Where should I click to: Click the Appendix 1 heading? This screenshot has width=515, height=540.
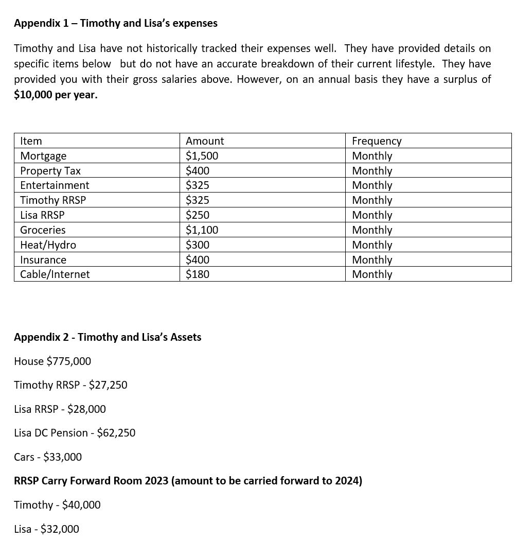click(115, 23)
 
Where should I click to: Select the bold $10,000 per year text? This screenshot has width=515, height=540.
click(56, 95)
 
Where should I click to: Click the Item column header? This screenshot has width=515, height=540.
click(31, 141)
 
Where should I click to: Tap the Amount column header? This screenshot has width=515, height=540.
click(205, 141)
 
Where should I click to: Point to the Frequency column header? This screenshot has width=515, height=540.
click(377, 141)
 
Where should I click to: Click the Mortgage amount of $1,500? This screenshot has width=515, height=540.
click(202, 156)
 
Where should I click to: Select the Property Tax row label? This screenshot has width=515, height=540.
click(50, 171)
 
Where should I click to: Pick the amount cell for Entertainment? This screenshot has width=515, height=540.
click(198, 185)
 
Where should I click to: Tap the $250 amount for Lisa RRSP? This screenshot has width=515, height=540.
click(198, 215)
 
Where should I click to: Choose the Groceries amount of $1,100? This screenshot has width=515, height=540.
click(202, 230)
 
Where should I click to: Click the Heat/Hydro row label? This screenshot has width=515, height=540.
click(48, 245)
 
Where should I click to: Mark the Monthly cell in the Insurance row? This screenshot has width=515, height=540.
click(372, 260)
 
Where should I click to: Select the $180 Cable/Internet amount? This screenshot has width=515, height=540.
click(198, 274)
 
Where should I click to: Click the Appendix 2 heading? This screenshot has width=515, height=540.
click(108, 337)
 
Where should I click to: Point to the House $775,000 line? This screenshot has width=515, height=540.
click(52, 361)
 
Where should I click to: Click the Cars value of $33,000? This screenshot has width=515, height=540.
click(62, 457)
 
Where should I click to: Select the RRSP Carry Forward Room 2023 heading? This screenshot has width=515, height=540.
click(188, 481)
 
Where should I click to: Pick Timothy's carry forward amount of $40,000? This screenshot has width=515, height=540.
click(81, 505)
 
